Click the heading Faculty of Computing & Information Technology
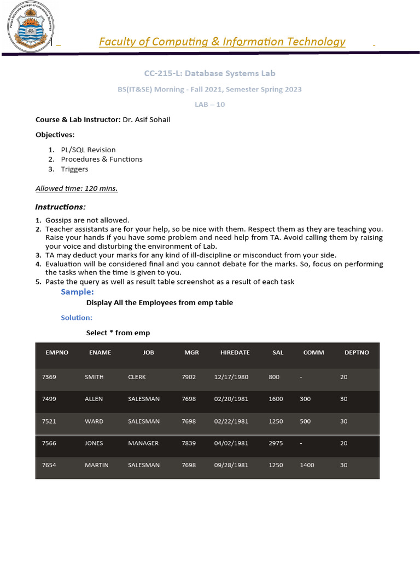[222, 42]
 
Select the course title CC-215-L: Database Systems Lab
[209, 73]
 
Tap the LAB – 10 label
[209, 105]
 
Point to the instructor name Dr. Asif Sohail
[146, 119]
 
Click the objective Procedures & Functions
[102, 159]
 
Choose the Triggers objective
[74, 169]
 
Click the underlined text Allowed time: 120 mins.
[77, 188]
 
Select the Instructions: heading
[60, 207]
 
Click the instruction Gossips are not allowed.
[87, 220]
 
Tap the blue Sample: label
[77, 292]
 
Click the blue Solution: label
[77, 318]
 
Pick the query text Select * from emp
[118, 333]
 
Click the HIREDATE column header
[235, 353]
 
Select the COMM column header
[313, 353]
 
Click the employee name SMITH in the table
[94, 377]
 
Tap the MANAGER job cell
[143, 443]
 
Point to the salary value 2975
[276, 443]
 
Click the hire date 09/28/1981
[231, 465]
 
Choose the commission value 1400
[307, 465]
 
